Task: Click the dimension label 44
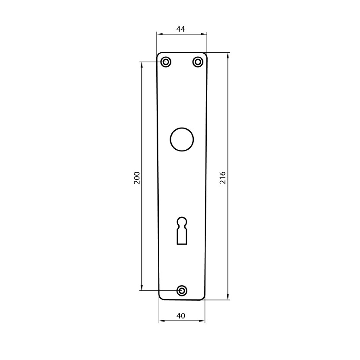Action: (x=180, y=29)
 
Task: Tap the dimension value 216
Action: (x=223, y=177)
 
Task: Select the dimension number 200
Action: (x=137, y=177)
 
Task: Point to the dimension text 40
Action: (x=181, y=316)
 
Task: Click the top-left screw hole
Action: (x=166, y=62)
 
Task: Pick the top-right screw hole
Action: (x=198, y=62)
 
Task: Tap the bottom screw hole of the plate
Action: (x=182, y=291)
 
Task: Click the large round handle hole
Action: (x=182, y=139)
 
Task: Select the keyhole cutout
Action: (x=182, y=231)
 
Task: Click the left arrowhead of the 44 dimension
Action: (x=160, y=34)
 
